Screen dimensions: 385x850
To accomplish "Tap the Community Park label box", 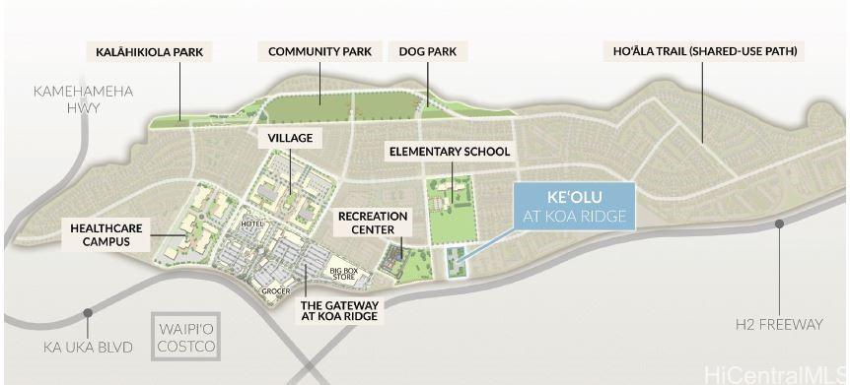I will click(319, 51).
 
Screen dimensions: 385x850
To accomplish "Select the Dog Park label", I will click(427, 51).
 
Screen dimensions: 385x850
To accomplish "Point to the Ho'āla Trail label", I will click(701, 51).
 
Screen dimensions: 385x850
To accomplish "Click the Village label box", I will click(284, 140).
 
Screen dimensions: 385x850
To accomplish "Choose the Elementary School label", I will click(450, 152).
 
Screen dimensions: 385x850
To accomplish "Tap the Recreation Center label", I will click(366, 223).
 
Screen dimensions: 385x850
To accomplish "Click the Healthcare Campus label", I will click(106, 234).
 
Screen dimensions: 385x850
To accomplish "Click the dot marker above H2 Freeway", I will click(779, 225).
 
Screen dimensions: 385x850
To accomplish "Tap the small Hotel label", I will click(252, 225).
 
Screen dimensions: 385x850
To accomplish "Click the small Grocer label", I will click(275, 291).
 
